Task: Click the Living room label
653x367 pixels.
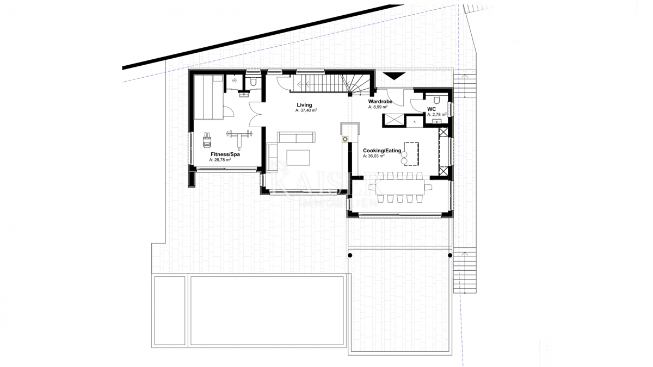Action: [x=304, y=104]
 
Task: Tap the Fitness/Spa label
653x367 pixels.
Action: [x=225, y=154]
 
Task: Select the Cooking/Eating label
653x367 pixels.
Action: [x=382, y=151]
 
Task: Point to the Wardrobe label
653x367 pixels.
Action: [x=380, y=102]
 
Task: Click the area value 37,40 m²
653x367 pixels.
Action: [x=306, y=110]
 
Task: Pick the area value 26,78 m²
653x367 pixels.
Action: [x=220, y=160]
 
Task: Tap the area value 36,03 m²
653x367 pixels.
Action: [x=374, y=157]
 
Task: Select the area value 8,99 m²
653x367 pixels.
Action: [x=378, y=108]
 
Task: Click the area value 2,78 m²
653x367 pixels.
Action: [x=436, y=115]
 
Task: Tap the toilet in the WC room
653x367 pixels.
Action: [x=436, y=101]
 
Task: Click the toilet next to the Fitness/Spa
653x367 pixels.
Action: [x=253, y=83]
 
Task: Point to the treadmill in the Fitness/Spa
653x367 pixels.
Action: [x=207, y=141]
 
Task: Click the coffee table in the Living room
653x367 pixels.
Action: [x=298, y=157]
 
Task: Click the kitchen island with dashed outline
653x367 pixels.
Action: [x=411, y=153]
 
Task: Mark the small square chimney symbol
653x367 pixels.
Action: [x=345, y=140]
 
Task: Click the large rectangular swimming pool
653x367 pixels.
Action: [x=267, y=310]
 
